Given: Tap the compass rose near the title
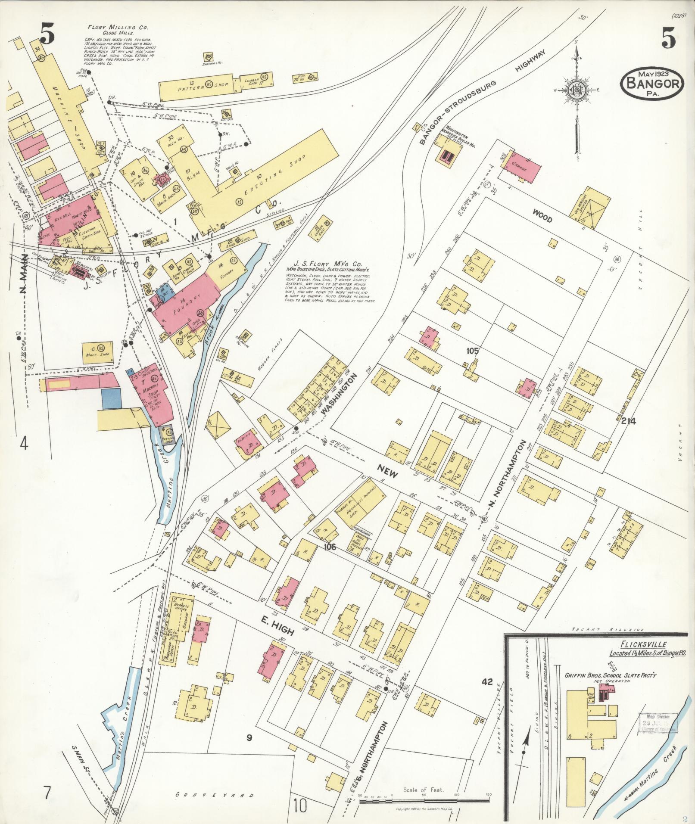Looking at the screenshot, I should pyautogui.click(x=576, y=90).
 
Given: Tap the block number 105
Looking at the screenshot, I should pyautogui.click(x=472, y=351).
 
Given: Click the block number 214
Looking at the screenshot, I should pyautogui.click(x=629, y=421).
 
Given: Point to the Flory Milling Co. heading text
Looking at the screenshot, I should pyautogui.click(x=118, y=27).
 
